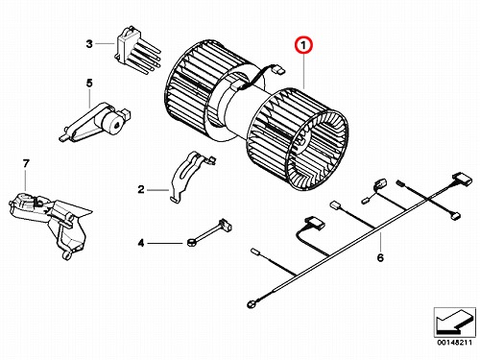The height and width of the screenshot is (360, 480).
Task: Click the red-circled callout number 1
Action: [303, 46]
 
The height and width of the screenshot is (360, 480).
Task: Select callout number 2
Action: [141, 190]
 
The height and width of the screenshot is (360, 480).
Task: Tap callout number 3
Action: [89, 43]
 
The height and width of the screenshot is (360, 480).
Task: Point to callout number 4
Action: [141, 243]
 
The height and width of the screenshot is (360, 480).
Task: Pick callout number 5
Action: [89, 84]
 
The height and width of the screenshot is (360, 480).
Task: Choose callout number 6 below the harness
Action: [380, 257]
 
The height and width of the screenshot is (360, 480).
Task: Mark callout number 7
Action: [26, 163]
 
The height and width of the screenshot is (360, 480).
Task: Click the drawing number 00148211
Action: [455, 343]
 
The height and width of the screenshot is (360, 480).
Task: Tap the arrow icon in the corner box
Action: [454, 322]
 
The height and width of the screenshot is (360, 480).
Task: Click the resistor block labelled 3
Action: [136, 51]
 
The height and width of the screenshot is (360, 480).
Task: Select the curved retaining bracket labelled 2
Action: [191, 176]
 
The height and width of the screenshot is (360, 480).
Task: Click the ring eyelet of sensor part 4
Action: [191, 244]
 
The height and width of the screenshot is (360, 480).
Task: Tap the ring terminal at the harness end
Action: [251, 304]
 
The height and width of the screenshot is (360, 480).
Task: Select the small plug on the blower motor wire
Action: [277, 69]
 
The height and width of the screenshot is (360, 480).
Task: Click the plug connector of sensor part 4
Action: [225, 225]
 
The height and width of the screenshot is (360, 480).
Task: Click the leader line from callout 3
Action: [105, 43]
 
